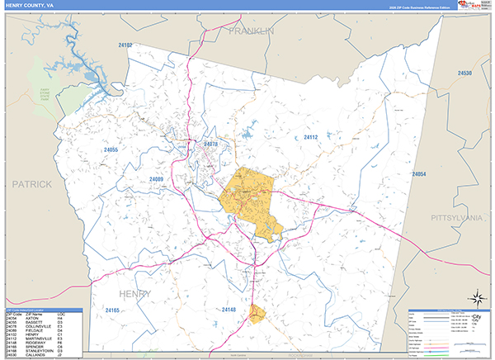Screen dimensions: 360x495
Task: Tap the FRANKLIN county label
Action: click(x=251, y=31)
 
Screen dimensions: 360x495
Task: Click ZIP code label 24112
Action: click(x=310, y=137)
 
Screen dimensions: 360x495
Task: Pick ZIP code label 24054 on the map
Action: click(x=419, y=175)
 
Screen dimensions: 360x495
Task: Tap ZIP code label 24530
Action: click(x=465, y=73)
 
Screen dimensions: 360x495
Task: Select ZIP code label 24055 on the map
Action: click(x=111, y=149)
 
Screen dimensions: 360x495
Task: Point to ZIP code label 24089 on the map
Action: click(x=157, y=179)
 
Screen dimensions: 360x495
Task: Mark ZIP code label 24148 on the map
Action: click(x=229, y=310)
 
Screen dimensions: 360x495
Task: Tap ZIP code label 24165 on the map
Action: click(x=113, y=310)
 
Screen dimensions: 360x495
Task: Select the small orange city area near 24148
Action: click(x=257, y=313)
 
